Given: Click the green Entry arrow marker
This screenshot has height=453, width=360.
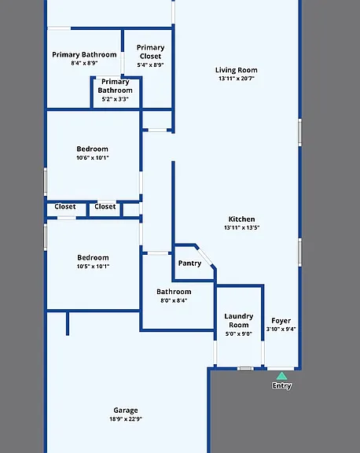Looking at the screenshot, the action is [x=281, y=376].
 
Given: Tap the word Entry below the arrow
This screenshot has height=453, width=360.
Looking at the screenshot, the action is [x=281, y=385].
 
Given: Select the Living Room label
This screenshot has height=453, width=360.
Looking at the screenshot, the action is [x=236, y=70].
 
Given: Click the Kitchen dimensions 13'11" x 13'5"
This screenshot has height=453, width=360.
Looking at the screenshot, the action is [x=241, y=227].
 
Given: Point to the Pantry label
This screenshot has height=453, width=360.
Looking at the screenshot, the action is [x=189, y=263].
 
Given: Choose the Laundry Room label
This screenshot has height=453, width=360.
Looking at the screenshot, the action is [x=239, y=320].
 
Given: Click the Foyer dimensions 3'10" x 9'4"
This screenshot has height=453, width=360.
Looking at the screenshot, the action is [x=281, y=329].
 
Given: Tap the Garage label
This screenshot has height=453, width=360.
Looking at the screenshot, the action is [x=126, y=411].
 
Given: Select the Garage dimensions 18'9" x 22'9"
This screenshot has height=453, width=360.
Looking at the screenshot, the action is [x=126, y=419].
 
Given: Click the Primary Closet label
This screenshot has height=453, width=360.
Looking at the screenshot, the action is [x=150, y=52].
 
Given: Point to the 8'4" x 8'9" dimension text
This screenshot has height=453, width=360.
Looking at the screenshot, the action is [x=84, y=63].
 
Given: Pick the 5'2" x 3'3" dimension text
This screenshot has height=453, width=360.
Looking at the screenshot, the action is [x=115, y=99].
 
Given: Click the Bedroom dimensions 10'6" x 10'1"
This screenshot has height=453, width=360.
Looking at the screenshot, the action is [x=93, y=158].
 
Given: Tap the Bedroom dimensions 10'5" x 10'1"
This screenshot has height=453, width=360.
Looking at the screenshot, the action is [x=93, y=267].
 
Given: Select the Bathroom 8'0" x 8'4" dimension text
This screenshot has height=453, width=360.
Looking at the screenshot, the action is [x=174, y=300].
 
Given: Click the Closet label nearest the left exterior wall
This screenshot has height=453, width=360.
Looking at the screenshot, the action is [x=65, y=207].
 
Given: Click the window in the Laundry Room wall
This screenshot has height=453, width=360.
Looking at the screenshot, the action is [x=245, y=369].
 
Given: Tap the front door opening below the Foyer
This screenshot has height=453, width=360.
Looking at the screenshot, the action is [x=281, y=369].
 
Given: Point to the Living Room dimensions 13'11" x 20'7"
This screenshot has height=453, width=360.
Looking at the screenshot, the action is [x=237, y=79].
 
